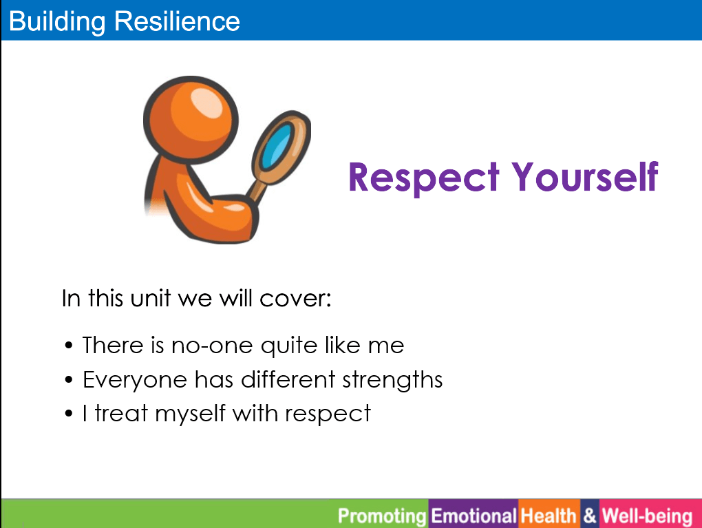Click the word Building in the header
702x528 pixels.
(57, 21)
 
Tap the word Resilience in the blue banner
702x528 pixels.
(178, 21)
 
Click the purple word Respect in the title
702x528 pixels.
(423, 178)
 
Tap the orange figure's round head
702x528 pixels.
(191, 120)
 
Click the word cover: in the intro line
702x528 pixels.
(295, 299)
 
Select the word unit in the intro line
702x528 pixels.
(151, 298)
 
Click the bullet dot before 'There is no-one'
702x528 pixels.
(69, 346)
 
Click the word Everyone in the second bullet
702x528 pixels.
(135, 380)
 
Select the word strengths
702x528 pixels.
(392, 380)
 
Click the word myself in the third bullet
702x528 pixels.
(190, 413)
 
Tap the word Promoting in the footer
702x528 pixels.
(382, 516)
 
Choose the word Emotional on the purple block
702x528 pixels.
(474, 516)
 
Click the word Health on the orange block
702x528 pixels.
(549, 516)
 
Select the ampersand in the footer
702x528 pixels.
(590, 516)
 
